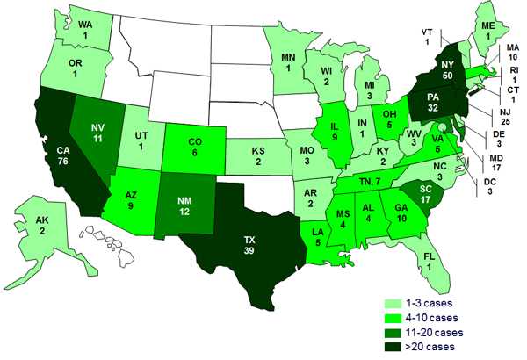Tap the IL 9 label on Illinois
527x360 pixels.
336,133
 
